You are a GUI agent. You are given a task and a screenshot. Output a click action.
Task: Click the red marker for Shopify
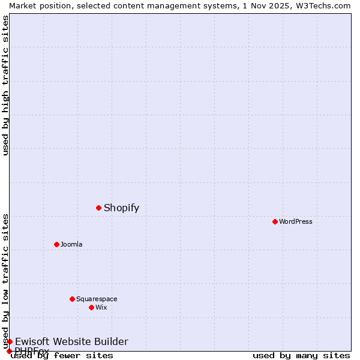tap(98, 208)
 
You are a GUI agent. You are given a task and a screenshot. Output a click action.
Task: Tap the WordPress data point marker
tap(275, 221)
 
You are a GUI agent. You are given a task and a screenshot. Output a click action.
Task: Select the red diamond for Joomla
tap(56, 244)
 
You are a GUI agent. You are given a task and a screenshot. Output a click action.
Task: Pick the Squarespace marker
tap(72, 299)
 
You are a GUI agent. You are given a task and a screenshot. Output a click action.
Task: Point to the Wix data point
tap(91, 307)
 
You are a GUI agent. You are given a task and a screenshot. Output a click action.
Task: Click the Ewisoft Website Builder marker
tap(10, 341)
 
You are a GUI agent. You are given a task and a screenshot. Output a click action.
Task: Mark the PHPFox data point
tap(9, 351)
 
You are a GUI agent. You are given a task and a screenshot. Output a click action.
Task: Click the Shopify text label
tap(121, 208)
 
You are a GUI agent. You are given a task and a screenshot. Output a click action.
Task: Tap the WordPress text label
tap(296, 221)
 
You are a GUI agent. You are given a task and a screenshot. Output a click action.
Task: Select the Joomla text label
tap(71, 244)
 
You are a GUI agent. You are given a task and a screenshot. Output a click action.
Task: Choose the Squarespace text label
tap(97, 299)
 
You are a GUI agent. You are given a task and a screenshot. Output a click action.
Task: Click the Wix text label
tap(101, 307)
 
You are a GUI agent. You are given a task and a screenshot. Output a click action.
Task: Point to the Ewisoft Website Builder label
tap(71, 342)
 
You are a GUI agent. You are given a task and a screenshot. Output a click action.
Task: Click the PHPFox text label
tap(32, 351)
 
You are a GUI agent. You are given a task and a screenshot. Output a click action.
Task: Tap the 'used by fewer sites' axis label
tap(62, 356)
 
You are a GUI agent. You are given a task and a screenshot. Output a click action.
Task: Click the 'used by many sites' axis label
tap(301, 356)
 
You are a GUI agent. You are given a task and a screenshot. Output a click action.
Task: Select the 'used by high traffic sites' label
tap(5, 85)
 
